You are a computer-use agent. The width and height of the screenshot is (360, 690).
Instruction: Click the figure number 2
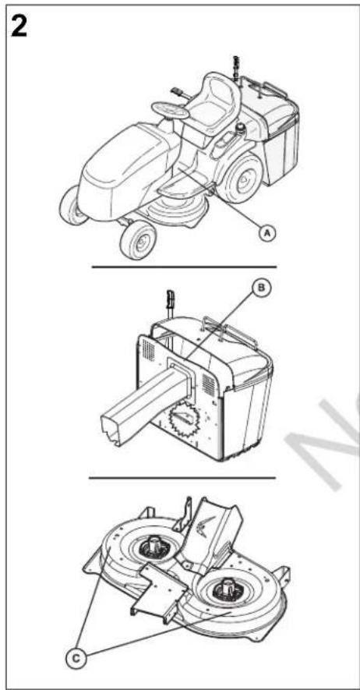pos(19,27)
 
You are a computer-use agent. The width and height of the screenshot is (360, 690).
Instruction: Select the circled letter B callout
pos(260,288)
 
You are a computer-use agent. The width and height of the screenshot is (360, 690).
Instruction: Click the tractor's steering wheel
pos(170,110)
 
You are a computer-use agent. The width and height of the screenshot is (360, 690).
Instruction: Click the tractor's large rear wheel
pos(241,178)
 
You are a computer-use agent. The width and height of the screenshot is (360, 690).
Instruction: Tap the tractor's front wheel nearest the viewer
pos(138,240)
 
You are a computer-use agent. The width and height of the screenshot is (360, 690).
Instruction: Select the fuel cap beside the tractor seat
pos(242,128)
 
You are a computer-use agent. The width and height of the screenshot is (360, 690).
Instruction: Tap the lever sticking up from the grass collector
pos(170,304)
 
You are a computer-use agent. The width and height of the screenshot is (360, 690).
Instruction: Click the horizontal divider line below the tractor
pos(184,267)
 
